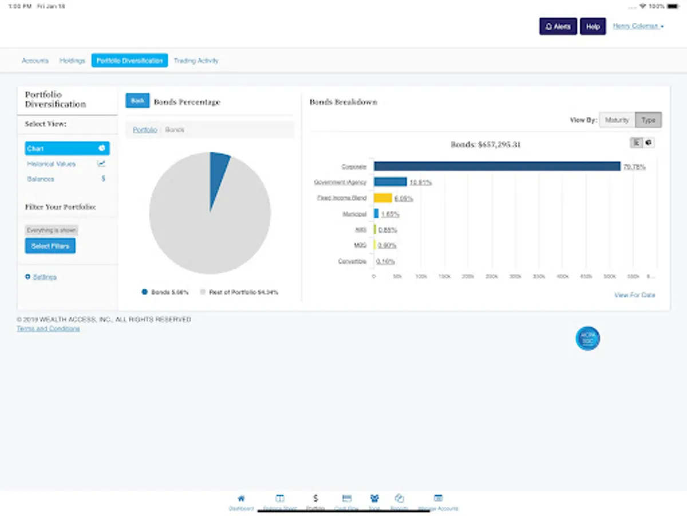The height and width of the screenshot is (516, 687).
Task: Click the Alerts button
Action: coord(558,26)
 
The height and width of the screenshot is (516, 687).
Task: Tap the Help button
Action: coord(593,26)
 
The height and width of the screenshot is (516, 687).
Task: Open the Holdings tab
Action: coord(72,61)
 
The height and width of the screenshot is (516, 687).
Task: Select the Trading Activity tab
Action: coord(196,61)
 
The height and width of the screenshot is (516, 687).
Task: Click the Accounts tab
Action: coord(35,61)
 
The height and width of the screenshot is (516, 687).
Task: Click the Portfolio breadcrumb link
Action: coord(145,130)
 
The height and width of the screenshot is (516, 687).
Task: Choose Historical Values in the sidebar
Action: coord(52,164)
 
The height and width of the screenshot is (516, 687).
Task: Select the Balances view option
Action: coord(41,179)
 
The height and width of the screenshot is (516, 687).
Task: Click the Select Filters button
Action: coord(50,246)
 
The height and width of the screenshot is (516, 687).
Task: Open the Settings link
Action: coord(45,277)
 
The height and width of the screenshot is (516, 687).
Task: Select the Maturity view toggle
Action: coord(617,120)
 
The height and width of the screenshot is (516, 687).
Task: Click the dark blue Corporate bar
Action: coord(497,166)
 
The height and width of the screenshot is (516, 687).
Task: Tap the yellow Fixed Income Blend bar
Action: coord(383,198)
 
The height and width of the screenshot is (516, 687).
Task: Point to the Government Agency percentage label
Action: coord(420,182)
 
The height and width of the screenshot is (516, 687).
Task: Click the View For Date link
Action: coord(634,295)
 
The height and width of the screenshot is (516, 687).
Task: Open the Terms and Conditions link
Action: coord(48,329)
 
